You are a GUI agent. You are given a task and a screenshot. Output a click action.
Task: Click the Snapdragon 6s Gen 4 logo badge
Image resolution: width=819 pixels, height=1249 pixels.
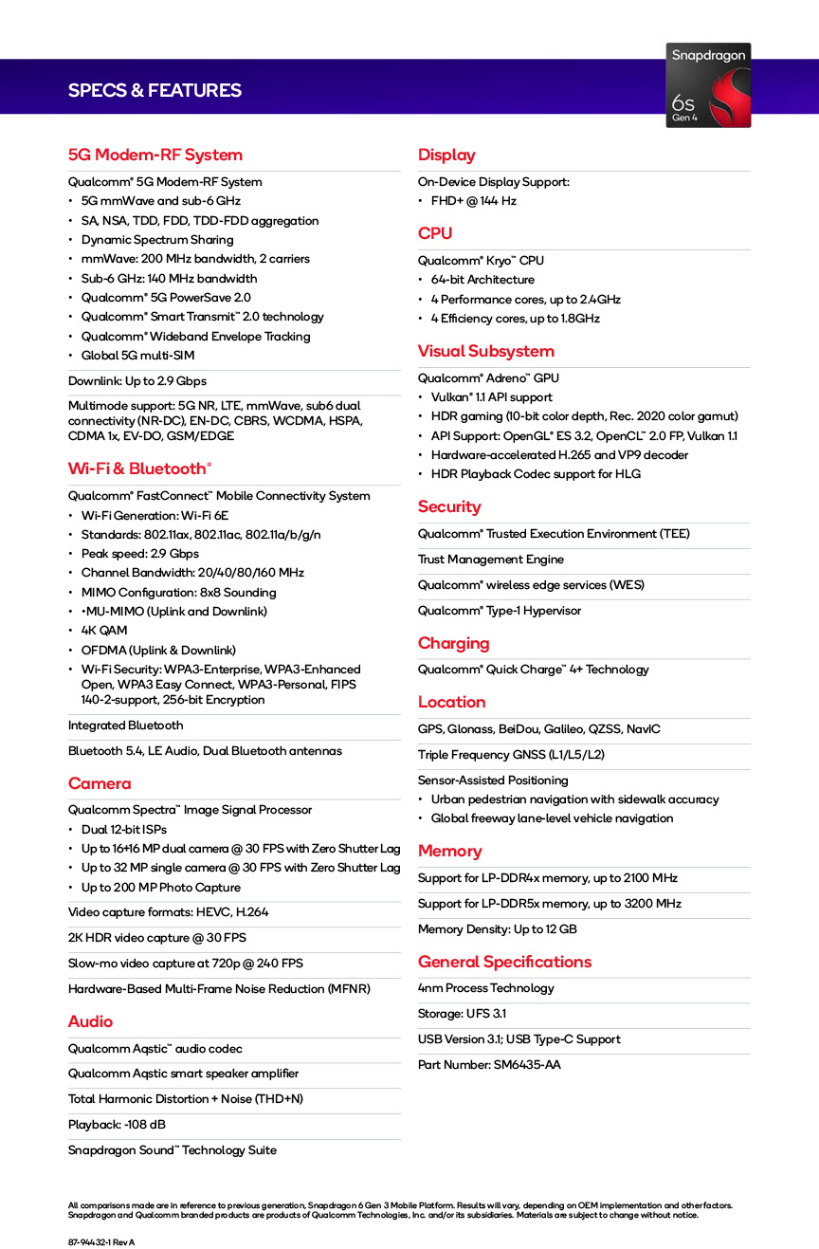tap(708, 85)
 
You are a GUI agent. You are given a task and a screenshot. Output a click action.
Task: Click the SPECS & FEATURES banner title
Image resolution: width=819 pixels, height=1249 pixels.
tap(155, 91)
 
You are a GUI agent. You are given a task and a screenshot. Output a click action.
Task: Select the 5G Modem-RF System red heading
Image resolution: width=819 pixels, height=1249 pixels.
tap(155, 156)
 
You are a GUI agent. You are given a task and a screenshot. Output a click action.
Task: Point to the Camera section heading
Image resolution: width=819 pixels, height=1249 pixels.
tap(100, 783)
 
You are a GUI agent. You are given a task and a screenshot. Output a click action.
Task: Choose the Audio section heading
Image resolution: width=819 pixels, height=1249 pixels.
tap(90, 1021)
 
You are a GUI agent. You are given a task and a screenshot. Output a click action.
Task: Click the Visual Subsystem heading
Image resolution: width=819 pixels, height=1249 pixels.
tap(485, 351)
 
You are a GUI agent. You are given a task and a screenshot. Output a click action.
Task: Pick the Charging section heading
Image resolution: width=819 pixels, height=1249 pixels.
tap(453, 643)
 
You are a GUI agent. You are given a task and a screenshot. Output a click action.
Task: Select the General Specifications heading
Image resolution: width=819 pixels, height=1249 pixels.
tap(504, 962)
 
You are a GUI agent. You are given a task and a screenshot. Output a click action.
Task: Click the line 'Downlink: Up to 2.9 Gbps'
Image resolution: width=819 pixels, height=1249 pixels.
tap(136, 381)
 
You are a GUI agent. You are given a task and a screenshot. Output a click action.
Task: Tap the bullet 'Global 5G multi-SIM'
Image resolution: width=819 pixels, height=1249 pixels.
tap(137, 356)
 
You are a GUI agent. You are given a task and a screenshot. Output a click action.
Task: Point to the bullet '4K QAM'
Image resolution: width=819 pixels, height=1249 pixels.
tap(104, 631)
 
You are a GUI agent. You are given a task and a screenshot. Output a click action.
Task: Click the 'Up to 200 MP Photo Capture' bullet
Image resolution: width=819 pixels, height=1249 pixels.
tap(160, 888)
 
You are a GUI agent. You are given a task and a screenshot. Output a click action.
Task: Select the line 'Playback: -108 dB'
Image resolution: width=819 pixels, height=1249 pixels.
tap(117, 1125)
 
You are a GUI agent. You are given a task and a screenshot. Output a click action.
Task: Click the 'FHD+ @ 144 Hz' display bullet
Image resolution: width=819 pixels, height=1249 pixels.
tap(473, 201)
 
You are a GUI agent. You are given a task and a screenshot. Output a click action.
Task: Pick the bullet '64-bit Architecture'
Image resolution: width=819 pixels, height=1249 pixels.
tap(482, 280)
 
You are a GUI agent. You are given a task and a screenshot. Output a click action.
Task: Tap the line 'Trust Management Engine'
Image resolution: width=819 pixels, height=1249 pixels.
tap(490, 560)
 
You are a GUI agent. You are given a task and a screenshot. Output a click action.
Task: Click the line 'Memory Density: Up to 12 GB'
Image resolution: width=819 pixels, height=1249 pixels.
tap(497, 929)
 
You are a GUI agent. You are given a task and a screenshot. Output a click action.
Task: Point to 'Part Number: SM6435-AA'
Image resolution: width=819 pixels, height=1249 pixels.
tap(489, 1065)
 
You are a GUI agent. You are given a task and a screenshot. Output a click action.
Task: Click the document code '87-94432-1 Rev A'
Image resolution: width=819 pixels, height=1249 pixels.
tap(101, 1242)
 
